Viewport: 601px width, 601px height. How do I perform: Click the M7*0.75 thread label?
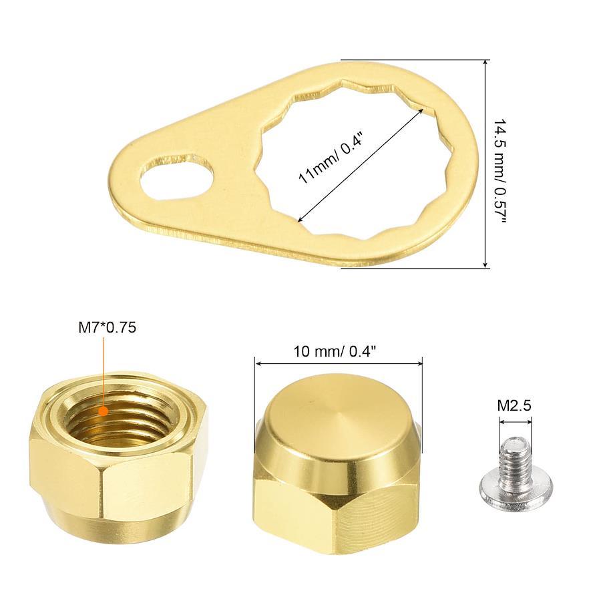coord(108,328)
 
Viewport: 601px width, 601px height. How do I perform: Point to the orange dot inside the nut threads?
coord(103,411)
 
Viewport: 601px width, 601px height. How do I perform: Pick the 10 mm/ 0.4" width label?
coord(335,351)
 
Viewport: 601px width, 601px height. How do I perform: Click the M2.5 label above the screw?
coord(514,405)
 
